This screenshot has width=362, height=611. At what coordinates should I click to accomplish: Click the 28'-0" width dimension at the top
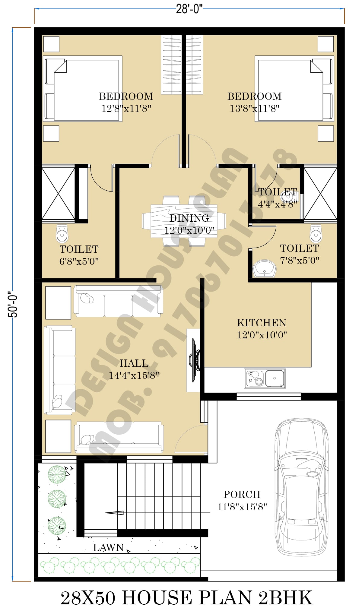click(189, 9)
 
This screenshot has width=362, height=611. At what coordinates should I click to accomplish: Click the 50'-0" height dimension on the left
click(13, 304)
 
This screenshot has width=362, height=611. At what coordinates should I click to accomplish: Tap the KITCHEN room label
click(262, 323)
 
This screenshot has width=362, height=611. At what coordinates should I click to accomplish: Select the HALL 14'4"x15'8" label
click(134, 369)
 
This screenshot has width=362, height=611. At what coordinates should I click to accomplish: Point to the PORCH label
click(242, 494)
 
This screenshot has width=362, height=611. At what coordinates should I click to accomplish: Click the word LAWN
click(108, 547)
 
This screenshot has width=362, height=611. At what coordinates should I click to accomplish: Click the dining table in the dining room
click(184, 221)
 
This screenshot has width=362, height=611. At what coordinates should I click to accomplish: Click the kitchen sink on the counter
click(264, 378)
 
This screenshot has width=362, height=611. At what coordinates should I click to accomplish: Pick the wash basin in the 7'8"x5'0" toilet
click(265, 269)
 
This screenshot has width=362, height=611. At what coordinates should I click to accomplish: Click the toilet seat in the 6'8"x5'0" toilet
click(62, 233)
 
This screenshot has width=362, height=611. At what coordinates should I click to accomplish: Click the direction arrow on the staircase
click(115, 513)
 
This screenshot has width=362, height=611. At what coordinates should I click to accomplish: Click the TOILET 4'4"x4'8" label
click(278, 198)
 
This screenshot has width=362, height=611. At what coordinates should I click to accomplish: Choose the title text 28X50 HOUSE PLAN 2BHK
click(186, 597)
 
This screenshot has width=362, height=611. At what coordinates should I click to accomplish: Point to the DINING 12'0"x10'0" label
click(189, 224)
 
